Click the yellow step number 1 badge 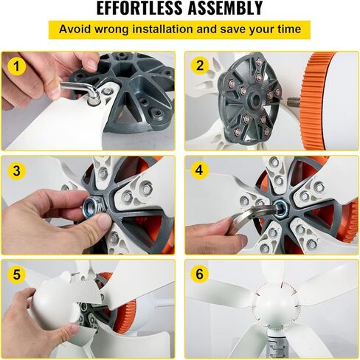tap(16, 66)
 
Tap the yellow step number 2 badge tap(200, 66)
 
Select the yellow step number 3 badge tap(16, 170)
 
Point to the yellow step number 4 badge tap(200, 170)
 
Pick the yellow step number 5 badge tap(16, 274)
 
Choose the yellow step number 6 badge tap(200, 274)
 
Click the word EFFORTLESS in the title tap(140, 8)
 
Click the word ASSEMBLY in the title tap(226, 8)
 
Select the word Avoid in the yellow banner tap(75, 30)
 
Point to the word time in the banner tap(289, 30)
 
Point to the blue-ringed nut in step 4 tap(280, 206)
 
